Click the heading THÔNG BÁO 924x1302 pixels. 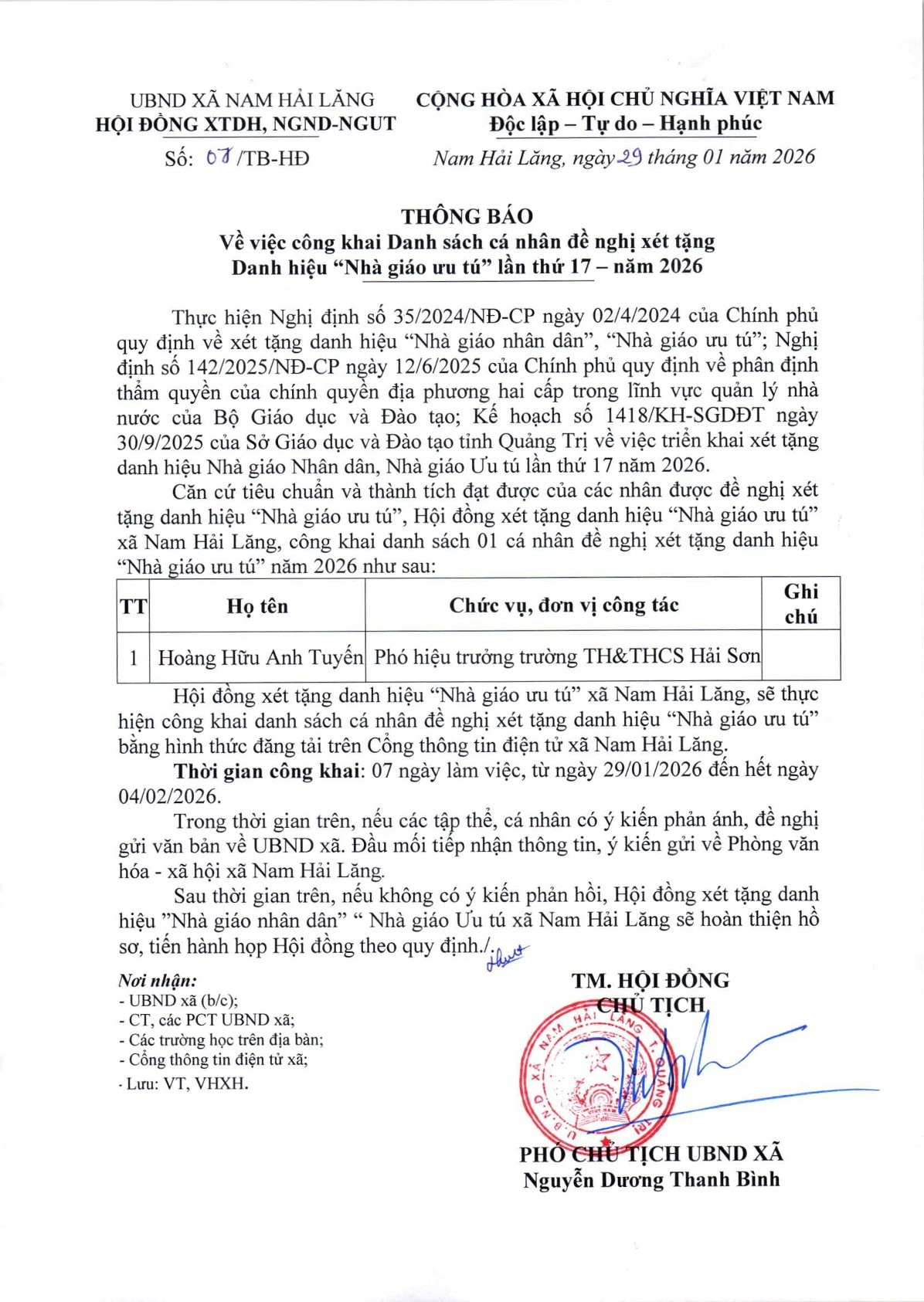click(x=467, y=215)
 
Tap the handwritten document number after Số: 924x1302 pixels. click(x=220, y=158)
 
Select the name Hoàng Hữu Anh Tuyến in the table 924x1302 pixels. click(x=260, y=657)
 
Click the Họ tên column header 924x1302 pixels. click(x=256, y=606)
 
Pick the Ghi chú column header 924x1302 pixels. click(x=800, y=604)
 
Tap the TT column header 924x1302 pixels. click(x=133, y=606)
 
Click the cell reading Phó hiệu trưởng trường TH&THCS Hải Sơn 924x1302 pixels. click(x=566, y=656)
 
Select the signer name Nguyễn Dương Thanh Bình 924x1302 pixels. click(x=651, y=1180)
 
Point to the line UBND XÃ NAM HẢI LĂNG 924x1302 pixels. click(x=252, y=100)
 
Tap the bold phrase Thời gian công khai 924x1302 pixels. click(x=267, y=771)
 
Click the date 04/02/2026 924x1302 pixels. click(x=168, y=795)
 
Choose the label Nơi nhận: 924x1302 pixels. click(x=158, y=981)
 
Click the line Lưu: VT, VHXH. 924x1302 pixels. click(x=186, y=1083)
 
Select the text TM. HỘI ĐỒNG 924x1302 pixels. click(x=650, y=981)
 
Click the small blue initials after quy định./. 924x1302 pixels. click(x=506, y=958)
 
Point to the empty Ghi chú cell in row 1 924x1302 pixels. click(x=800, y=656)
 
